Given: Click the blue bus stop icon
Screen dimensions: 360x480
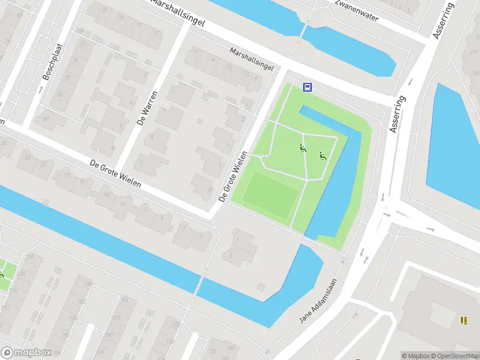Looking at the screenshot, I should [307, 87].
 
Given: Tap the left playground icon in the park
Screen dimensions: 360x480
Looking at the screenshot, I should [303, 148].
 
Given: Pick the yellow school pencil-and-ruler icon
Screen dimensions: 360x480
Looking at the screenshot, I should [463, 320].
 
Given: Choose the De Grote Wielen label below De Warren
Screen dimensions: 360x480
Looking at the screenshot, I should [115, 173].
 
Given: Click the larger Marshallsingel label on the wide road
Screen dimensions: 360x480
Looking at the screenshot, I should [178, 13].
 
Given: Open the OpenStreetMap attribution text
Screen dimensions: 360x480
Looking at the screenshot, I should [449, 355].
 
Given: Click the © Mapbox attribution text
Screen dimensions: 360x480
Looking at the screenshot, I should [413, 355].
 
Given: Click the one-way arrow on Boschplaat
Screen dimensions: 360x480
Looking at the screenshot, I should [40, 90].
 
